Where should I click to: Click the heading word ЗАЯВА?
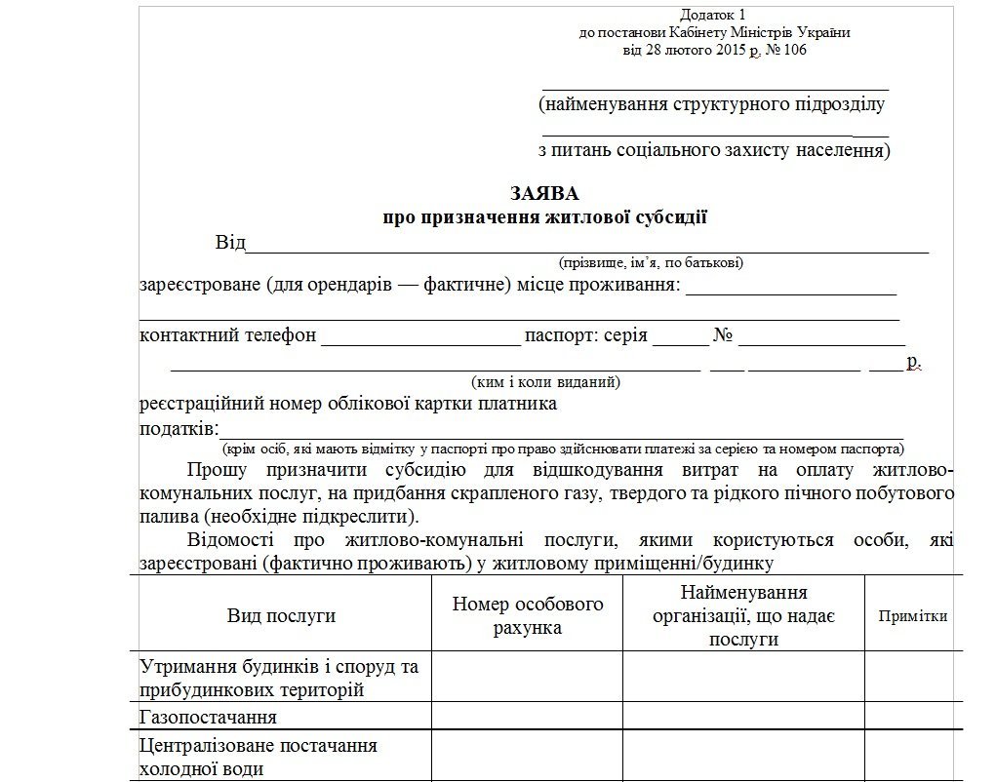(543, 193)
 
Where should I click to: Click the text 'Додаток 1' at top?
(713, 15)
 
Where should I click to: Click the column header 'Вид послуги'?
(281, 615)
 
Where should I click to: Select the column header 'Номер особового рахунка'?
(528, 615)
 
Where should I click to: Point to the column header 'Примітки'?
(913, 616)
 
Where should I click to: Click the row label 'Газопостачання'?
(209, 718)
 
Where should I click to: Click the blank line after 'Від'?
(585, 245)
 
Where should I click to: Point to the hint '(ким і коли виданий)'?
(545, 382)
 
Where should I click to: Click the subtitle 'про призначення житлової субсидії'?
(544, 217)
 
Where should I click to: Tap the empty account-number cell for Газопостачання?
(528, 717)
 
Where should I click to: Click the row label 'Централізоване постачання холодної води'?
(259, 757)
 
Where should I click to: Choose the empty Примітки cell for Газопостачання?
(913, 717)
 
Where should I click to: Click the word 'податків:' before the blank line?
(176, 430)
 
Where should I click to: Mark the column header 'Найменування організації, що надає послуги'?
(743, 615)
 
